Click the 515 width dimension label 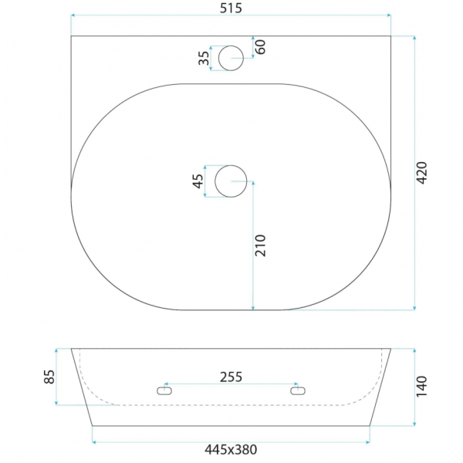231,8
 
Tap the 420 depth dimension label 421,173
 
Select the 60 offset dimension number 261,47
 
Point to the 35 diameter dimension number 204,58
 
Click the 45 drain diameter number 198,181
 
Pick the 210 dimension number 261,245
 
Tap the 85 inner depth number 49,377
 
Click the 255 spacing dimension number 231,377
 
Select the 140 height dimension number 421,387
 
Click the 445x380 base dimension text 231,450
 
